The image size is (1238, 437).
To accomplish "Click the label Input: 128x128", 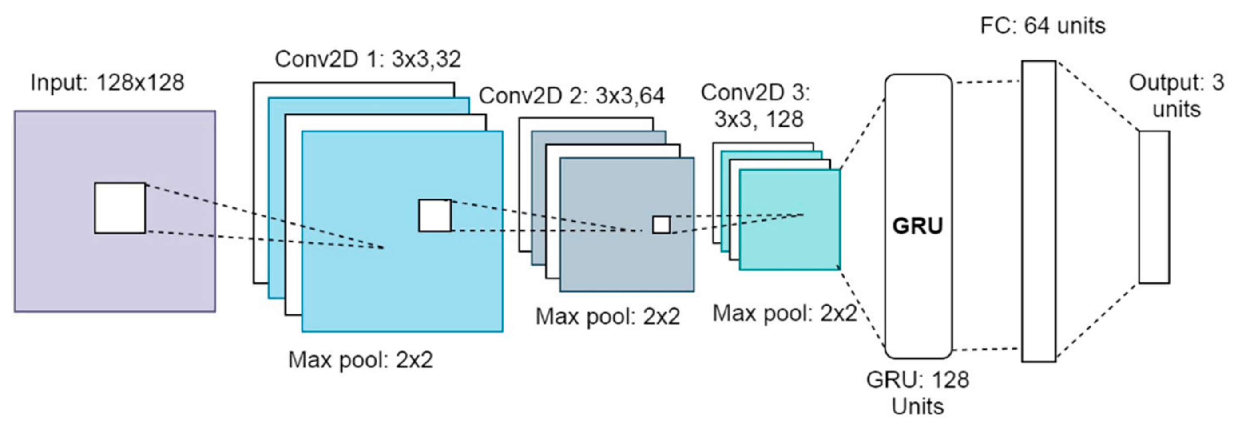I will tap(107, 83).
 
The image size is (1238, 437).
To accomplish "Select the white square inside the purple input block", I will tap(119, 208).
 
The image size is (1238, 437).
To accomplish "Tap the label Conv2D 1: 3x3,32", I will tap(368, 60).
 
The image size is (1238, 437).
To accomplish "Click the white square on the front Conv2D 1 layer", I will tap(435, 215).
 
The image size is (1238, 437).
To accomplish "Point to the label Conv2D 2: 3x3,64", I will tap(571, 96).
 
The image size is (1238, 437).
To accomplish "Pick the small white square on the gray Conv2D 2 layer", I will tap(661, 225).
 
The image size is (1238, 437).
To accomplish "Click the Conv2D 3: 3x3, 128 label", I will tap(756, 106).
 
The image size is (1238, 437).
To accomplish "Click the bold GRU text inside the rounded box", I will tap(918, 226).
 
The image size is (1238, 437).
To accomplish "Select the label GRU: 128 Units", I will tap(918, 393).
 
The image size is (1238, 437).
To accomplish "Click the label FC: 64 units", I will tap(1043, 26).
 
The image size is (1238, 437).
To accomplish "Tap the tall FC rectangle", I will tap(1039, 211).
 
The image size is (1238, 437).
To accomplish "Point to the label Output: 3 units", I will tap(1176, 96).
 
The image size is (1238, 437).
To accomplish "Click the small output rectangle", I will tap(1154, 207).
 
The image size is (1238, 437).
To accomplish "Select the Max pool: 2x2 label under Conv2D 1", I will tap(361, 360).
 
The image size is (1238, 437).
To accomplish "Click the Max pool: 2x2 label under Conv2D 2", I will tap(607, 317).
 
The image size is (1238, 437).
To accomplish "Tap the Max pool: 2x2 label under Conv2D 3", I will tap(784, 314).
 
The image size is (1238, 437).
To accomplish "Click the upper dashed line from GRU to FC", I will tap(988, 82).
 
